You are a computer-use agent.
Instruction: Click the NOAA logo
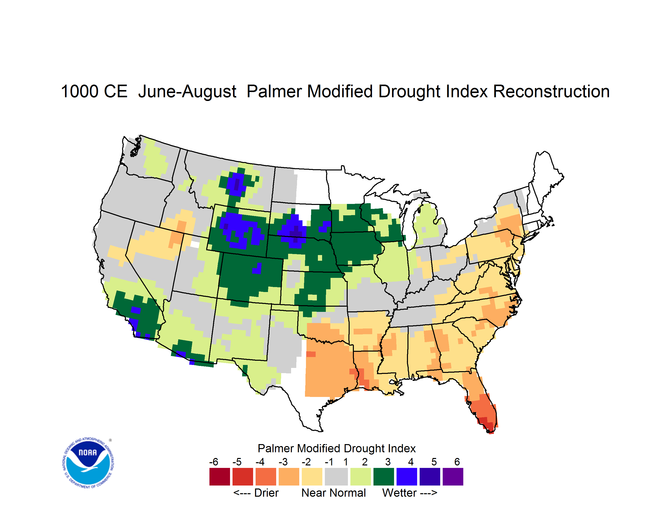(x=88, y=463)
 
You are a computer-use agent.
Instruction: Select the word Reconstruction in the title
(x=551, y=91)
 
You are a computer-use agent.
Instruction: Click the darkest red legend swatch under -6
(x=220, y=477)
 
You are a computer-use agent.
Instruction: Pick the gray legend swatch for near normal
(x=336, y=477)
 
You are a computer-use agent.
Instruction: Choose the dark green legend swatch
(x=383, y=477)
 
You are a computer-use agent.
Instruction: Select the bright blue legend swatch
(x=407, y=477)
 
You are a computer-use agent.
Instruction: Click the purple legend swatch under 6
(x=453, y=477)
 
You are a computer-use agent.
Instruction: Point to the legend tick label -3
(x=283, y=462)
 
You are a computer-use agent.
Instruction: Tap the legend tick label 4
(x=411, y=462)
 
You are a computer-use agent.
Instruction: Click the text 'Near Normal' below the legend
(x=334, y=493)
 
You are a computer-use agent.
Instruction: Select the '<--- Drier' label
(x=256, y=493)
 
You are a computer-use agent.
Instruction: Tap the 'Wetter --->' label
(x=409, y=493)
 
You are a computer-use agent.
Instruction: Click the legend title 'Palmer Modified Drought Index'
(x=336, y=448)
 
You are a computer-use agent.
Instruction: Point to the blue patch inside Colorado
(x=257, y=269)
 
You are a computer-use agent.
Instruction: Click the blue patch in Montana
(x=235, y=184)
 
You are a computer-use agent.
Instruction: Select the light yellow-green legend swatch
(x=361, y=477)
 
